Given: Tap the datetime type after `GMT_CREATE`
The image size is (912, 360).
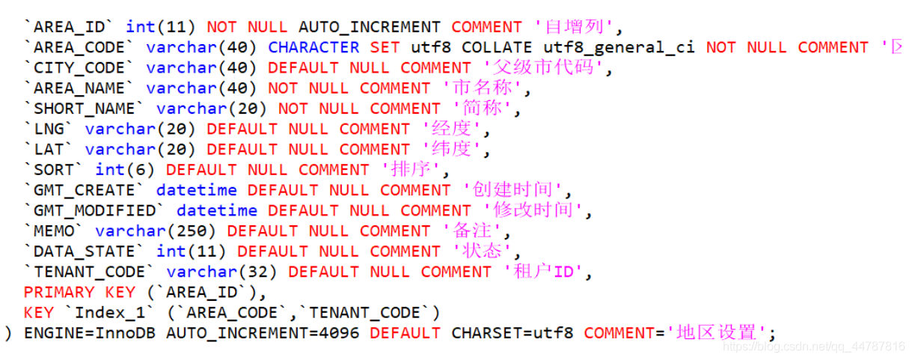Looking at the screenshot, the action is point(196,190).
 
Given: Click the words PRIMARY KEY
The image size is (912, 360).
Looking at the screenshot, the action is point(79,292).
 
